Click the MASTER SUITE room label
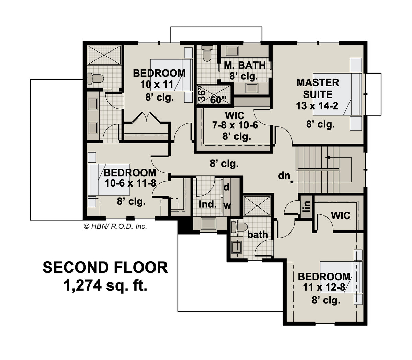tap(318, 89)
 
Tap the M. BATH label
tap(245, 65)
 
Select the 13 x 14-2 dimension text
tap(317, 106)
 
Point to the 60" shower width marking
tap(218, 100)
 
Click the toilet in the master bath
tap(207, 53)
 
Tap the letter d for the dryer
tap(226, 187)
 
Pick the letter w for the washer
tap(227, 206)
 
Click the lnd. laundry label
tap(208, 205)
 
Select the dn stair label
tap(284, 176)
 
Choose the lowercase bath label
tap(257, 235)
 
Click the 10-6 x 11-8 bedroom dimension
tap(130, 183)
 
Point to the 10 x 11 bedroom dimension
tap(157, 84)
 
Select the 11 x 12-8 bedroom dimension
tap(324, 287)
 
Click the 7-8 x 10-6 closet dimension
tap(235, 125)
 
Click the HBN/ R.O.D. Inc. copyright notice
tap(115, 226)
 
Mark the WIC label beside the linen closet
tap(341, 216)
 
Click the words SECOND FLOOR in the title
tap(105, 268)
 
